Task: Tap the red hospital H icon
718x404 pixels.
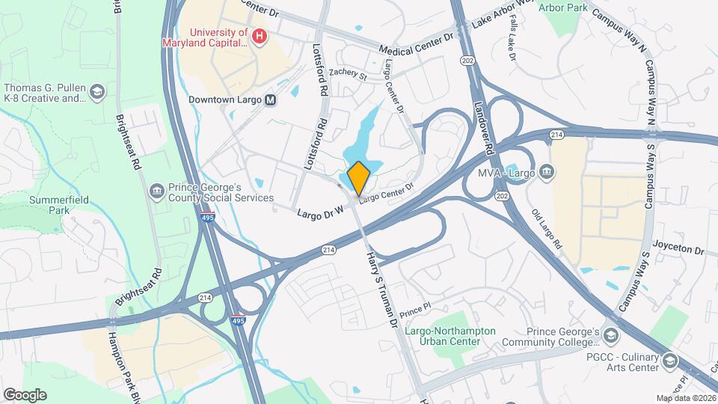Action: point(260,37)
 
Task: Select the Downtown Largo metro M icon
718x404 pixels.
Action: point(270,100)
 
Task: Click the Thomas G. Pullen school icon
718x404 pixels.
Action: point(96,92)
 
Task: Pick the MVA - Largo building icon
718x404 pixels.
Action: point(547,173)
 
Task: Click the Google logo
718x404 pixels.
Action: point(25,394)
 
